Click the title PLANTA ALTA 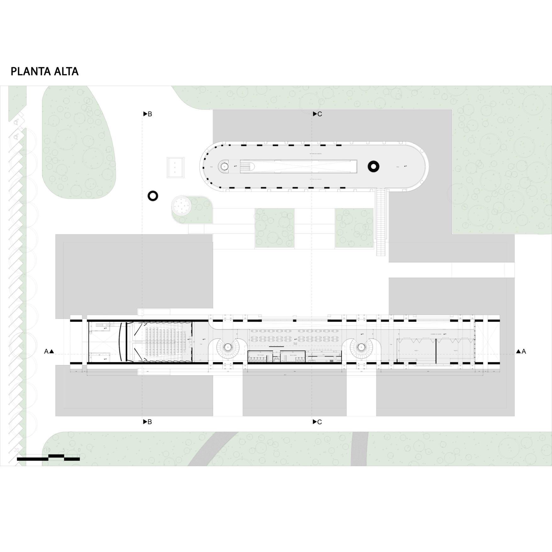coord(44,71)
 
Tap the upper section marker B coord(148,114)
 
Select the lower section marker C coord(317,422)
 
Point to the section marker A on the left coord(49,352)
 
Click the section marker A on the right coord(521,352)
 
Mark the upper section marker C coord(317,114)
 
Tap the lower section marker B coord(148,422)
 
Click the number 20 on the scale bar coord(17,450)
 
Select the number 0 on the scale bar coord(79,450)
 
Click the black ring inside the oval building coord(374,166)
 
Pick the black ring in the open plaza coord(153,196)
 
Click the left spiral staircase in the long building coord(228,347)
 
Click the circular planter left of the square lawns coord(182,206)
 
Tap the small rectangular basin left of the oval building coord(175,167)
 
